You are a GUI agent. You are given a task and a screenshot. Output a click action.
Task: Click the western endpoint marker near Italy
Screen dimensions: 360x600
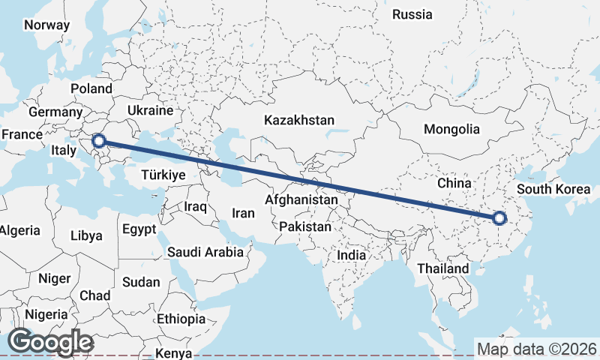click(x=98, y=139)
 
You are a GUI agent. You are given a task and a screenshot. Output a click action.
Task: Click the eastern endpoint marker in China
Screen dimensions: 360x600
click(x=499, y=219)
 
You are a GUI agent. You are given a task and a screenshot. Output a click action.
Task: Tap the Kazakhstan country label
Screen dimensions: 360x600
click(x=299, y=120)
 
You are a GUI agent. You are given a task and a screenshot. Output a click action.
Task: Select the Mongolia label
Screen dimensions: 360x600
click(x=451, y=129)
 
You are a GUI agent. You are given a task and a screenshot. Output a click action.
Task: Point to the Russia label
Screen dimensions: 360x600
click(x=412, y=14)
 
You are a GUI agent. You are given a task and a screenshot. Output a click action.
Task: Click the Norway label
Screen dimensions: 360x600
click(x=46, y=25)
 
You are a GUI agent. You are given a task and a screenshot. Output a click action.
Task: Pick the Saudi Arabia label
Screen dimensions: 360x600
click(x=205, y=252)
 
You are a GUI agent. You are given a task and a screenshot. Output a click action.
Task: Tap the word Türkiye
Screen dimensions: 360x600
click(x=163, y=174)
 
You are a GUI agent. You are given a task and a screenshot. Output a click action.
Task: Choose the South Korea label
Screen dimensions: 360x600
click(x=554, y=189)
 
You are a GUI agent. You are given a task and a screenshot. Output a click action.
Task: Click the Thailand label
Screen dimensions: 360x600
click(x=443, y=268)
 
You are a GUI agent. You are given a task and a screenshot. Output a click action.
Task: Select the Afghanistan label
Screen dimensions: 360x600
click(x=301, y=200)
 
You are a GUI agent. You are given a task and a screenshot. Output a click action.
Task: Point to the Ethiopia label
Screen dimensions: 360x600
click(x=181, y=319)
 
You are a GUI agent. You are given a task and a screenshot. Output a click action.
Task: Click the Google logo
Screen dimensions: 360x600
click(x=50, y=342)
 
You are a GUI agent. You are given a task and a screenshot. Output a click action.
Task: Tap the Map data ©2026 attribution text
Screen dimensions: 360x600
click(x=536, y=349)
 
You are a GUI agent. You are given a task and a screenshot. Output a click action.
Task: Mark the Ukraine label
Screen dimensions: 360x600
click(x=150, y=110)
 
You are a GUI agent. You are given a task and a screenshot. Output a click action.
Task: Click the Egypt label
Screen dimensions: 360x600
click(x=139, y=229)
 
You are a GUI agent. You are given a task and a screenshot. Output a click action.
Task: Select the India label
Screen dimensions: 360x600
click(x=351, y=255)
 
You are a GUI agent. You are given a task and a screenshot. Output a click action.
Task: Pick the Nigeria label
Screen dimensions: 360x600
click(x=46, y=314)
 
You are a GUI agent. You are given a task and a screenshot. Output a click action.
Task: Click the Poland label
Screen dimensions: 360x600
click(x=91, y=89)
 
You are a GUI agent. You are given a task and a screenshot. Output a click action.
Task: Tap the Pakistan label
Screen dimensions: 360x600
click(x=304, y=226)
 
